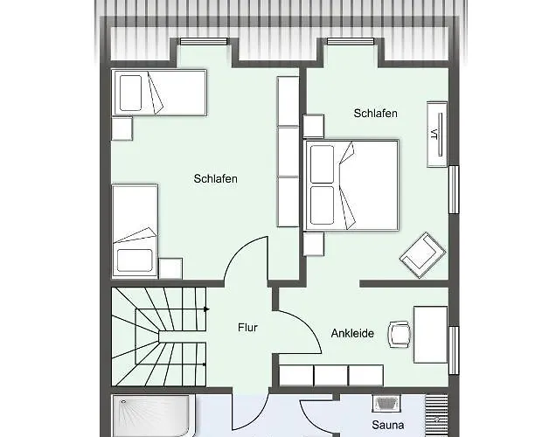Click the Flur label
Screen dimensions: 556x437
(x=247, y=328)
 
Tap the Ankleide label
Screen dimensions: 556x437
(x=352, y=333)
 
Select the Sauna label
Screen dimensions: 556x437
(x=387, y=425)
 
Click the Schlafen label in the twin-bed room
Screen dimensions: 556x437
(x=216, y=178)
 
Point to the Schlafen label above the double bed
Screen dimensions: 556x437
(x=376, y=114)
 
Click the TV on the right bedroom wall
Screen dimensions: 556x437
(x=437, y=135)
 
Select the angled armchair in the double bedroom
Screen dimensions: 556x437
(x=422, y=254)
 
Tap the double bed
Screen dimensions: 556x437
(x=351, y=185)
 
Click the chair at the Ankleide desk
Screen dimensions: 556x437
(x=400, y=334)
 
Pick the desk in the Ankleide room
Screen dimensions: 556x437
(x=430, y=335)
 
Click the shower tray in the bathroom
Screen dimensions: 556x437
(x=151, y=416)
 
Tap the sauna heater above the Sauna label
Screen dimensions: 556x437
(x=386, y=403)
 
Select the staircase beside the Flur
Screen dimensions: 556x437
(x=159, y=336)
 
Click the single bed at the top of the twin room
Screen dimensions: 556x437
(x=159, y=93)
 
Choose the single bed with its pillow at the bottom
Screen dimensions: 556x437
(x=136, y=230)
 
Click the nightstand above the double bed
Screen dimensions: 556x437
(x=314, y=126)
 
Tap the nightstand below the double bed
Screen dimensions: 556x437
(x=314, y=244)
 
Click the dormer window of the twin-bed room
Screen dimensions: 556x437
(x=204, y=41)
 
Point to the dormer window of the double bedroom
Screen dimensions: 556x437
(x=351, y=41)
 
